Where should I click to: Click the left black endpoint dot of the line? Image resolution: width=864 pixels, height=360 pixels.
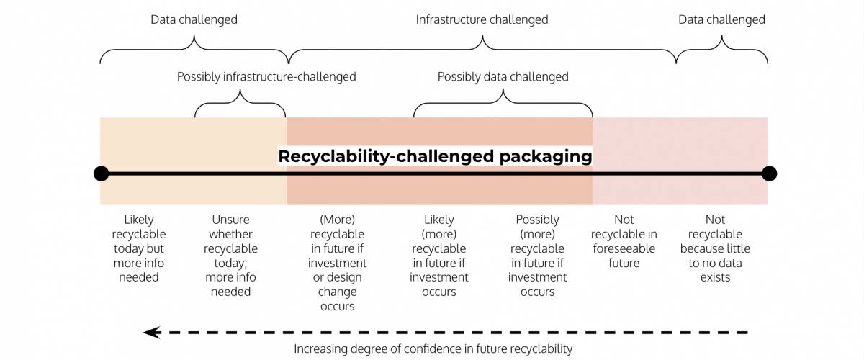tap(101, 174)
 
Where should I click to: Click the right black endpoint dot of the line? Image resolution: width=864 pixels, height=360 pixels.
tap(769, 174)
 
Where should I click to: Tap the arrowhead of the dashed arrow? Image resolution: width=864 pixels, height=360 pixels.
tap(152, 332)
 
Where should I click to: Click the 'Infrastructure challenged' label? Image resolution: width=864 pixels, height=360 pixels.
tap(482, 19)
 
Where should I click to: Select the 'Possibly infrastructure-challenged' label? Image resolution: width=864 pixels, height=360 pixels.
tap(266, 77)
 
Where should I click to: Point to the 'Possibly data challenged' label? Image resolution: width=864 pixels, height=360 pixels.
tap(503, 77)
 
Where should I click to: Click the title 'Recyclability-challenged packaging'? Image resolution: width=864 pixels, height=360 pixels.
tap(435, 156)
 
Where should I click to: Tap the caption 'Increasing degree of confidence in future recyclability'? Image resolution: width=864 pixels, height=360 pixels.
tap(433, 348)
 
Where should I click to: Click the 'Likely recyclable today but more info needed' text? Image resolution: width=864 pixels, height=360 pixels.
tap(139, 248)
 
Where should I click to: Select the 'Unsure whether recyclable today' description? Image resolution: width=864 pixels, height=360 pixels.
tap(230, 256)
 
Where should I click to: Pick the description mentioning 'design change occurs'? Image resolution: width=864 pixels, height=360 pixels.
tap(337, 262)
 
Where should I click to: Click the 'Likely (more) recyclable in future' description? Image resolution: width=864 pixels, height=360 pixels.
tap(439, 256)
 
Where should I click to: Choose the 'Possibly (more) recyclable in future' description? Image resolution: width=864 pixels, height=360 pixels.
tap(537, 256)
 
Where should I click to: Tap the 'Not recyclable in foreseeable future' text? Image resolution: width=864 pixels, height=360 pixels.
tap(624, 241)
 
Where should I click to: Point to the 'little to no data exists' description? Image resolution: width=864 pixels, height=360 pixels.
tap(715, 248)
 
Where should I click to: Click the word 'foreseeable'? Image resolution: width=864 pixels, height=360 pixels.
tap(624, 248)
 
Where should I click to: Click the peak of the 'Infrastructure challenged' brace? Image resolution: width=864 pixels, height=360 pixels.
tap(482, 35)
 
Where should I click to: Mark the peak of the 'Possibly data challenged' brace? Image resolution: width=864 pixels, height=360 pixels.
tap(503, 89)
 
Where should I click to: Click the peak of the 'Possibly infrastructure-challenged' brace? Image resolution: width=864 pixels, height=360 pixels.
tap(240, 89)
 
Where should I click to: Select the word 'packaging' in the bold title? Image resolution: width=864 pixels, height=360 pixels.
tap(546, 157)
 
